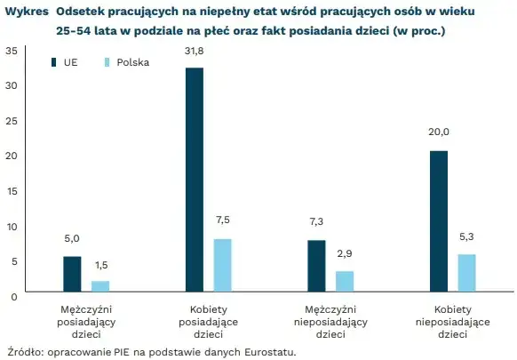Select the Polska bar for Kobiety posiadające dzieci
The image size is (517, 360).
click(x=223, y=265)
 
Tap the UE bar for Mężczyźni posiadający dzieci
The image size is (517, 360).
click(x=72, y=274)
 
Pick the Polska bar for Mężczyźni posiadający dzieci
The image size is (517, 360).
click(x=101, y=286)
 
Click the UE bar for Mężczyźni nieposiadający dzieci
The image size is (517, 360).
click(x=316, y=266)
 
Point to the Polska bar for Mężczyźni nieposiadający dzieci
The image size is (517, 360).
click(x=345, y=281)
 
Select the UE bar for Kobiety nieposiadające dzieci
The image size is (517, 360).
click(x=438, y=221)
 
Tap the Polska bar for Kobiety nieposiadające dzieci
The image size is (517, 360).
click(x=466, y=273)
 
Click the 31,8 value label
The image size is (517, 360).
click(x=195, y=55)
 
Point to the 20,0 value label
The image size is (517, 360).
click(x=438, y=132)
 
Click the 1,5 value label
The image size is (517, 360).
click(x=101, y=265)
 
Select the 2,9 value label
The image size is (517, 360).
click(x=345, y=254)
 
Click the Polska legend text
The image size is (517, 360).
click(x=133, y=63)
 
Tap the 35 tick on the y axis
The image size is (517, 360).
click(x=11, y=50)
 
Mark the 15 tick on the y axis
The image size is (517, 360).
click(x=11, y=190)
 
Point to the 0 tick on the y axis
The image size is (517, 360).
click(x=13, y=296)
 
